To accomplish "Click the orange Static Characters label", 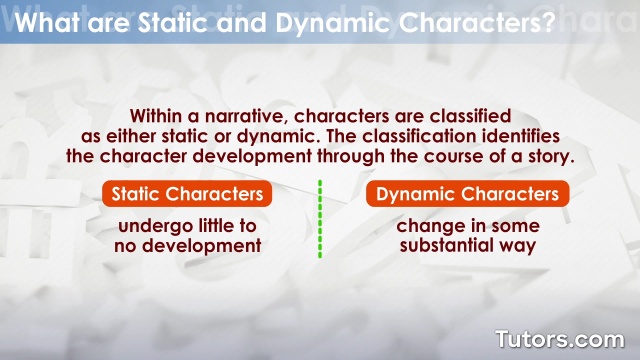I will point(187,194).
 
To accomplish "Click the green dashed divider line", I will point(320,220).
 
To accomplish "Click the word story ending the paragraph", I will point(546,157).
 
